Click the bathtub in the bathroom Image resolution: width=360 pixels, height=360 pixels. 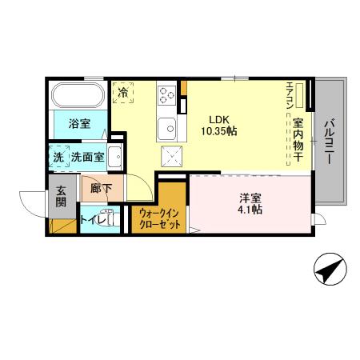coord(77,96)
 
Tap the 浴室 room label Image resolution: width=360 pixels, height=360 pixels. coord(78,124)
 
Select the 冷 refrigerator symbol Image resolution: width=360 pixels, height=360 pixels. coord(123,93)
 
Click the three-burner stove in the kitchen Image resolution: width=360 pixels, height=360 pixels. coord(167,94)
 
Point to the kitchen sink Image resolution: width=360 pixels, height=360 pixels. coord(167,126)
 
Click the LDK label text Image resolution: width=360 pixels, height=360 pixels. coord(218,114)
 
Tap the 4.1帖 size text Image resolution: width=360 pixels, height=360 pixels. coord(250,210)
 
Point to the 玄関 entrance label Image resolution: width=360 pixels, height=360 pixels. coord(62,198)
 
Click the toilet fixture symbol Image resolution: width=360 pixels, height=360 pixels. coord(112,216)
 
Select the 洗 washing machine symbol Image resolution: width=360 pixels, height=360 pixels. coord(58,157)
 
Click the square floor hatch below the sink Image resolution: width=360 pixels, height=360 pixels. coord(170,154)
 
